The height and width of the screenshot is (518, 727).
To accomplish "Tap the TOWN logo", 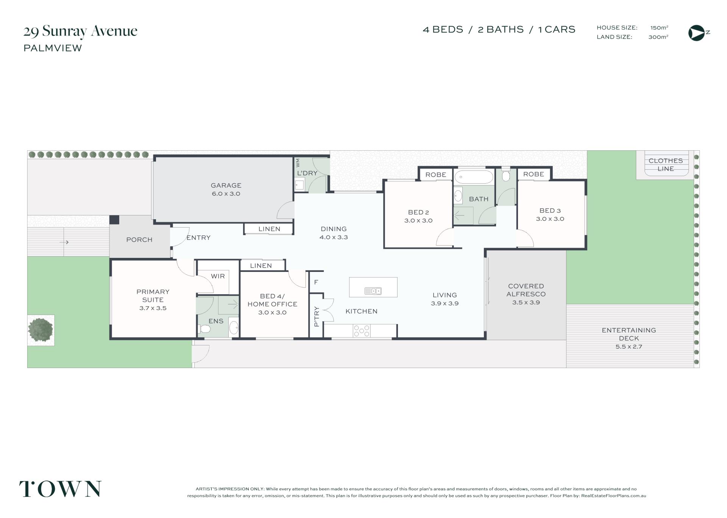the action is click(61, 489).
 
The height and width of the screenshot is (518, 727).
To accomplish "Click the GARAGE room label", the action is click(226, 185).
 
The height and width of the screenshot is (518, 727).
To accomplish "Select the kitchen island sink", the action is click(373, 291).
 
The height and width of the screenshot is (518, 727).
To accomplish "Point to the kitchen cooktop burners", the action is click(362, 331).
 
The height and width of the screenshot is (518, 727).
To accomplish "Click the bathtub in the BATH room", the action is click(474, 177).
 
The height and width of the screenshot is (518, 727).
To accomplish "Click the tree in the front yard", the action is click(41, 330).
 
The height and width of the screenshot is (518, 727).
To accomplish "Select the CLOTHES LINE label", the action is click(666, 165).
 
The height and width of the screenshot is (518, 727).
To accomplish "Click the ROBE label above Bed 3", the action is click(534, 174).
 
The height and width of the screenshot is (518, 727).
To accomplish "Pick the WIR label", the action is click(218, 276).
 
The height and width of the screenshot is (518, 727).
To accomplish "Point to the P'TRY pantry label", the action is click(317, 317).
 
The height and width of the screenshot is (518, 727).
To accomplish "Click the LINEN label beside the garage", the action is click(269, 229).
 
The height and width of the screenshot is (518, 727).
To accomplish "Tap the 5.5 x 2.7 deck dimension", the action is click(629, 346).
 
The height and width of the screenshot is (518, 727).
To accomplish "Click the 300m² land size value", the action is click(658, 37).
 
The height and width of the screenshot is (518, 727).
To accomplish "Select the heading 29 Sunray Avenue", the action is click(80, 31).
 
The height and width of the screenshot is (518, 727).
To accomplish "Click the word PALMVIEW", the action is click(53, 48).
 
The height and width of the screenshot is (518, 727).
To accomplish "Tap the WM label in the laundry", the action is click(298, 163).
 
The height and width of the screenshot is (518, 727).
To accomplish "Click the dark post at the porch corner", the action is click(114, 220).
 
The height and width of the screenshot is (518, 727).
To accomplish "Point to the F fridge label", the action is click(316, 282).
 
